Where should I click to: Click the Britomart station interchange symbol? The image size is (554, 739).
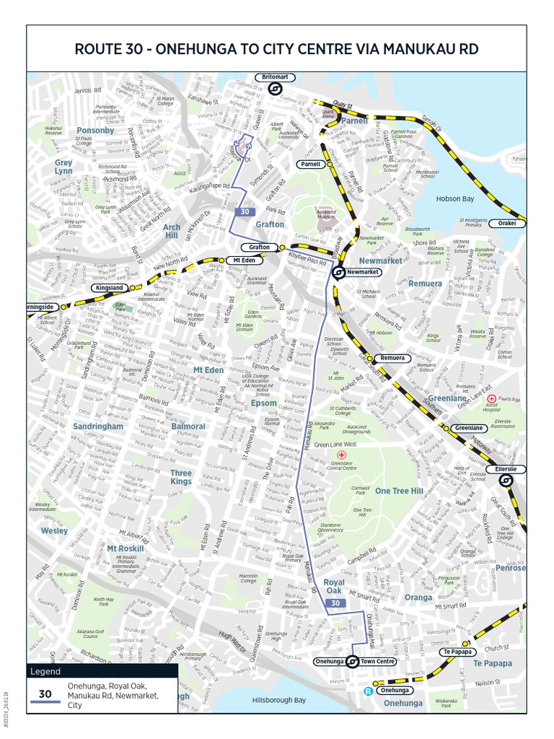pyautogui.click(x=274, y=89)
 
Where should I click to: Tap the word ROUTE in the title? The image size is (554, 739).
pyautogui.click(x=101, y=49)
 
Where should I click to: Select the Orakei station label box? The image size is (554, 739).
pyautogui.click(x=512, y=224)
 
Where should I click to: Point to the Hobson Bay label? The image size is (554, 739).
pyautogui.click(x=454, y=199)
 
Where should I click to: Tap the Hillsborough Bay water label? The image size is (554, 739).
pyautogui.click(x=278, y=700)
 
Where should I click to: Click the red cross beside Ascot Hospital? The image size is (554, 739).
pyautogui.click(x=492, y=398)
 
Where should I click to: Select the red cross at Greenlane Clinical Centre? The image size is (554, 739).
pyautogui.click(x=343, y=455)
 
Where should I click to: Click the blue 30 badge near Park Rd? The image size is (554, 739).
pyautogui.click(x=245, y=211)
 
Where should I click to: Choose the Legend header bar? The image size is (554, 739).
pyautogui.click(x=101, y=671)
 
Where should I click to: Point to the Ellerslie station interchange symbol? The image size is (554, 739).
pyautogui.click(x=507, y=480)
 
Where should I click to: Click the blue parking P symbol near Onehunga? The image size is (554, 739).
pyautogui.click(x=369, y=690)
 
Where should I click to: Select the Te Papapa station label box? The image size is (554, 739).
pyautogui.click(x=457, y=652)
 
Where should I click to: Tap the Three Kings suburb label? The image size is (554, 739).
pyautogui.click(x=181, y=477)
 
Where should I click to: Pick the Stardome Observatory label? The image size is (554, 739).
pyautogui.click(x=330, y=527)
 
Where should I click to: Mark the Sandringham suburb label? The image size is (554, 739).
pyautogui.click(x=97, y=426)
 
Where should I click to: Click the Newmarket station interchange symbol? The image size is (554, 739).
pyautogui.click(x=338, y=272)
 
